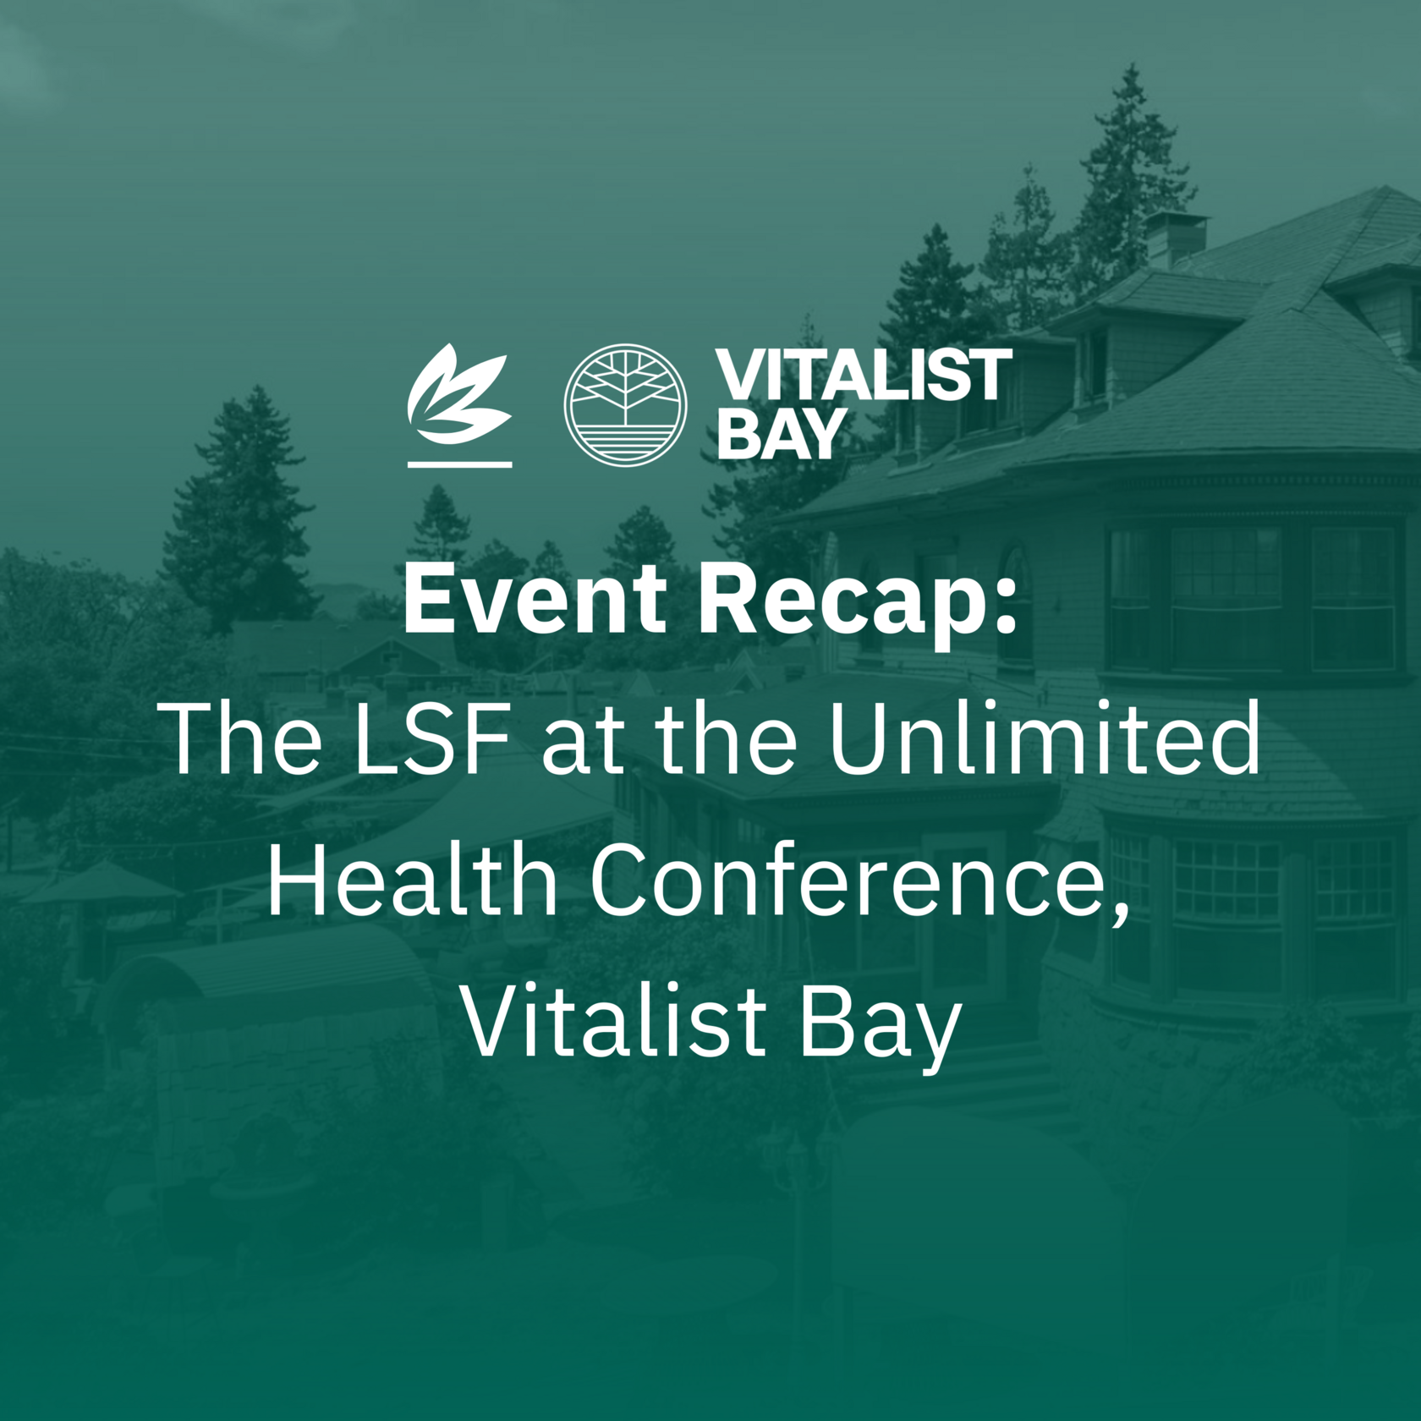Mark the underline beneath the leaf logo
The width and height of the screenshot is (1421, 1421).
[x=459, y=464]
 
